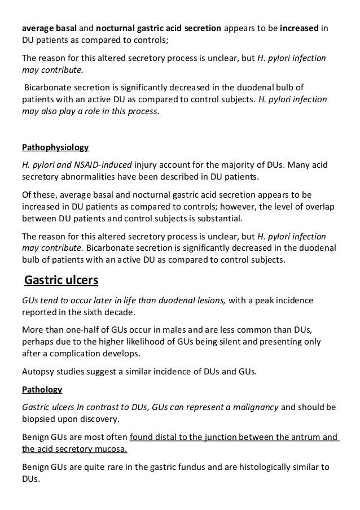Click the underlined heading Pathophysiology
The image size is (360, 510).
55,148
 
